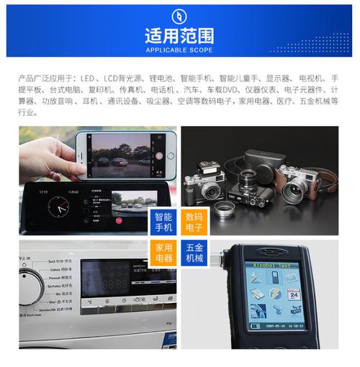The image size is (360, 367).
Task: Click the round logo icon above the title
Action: click(179, 15)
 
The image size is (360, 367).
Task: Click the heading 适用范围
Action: click(179, 35)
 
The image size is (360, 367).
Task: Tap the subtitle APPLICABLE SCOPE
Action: click(179, 50)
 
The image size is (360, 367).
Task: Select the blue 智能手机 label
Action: click(163, 222)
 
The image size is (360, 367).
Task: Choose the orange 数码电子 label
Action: click(194, 222)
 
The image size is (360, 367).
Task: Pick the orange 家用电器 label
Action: click(163, 253)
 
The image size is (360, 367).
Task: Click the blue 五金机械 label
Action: click(194, 253)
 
